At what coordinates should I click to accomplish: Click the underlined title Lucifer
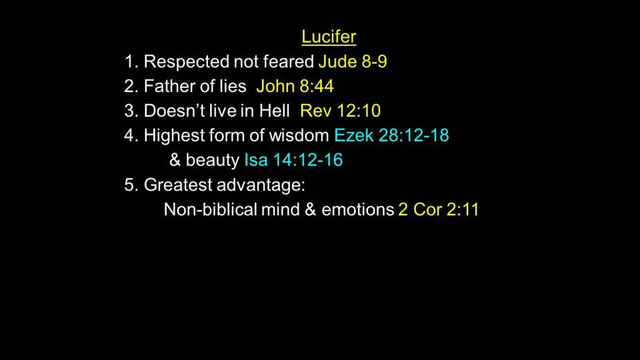[329, 37]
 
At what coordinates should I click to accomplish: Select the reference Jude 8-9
[353, 61]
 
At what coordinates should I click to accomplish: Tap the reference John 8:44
[295, 86]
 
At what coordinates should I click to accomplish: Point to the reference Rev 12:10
[340, 111]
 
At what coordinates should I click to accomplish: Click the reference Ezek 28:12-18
[391, 135]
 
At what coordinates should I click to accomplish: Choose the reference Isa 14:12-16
[293, 159]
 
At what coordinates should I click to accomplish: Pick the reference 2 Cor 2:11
[439, 209]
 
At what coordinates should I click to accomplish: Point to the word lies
[232, 86]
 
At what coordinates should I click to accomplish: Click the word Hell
[274, 111]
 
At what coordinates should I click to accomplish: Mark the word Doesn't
[173, 111]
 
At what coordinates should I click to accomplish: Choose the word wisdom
[299, 135]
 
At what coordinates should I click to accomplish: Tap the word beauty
[212, 161]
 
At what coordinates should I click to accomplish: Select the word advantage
[261, 185]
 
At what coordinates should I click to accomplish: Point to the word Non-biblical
[211, 209]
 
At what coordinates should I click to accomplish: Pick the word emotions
[357, 209]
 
